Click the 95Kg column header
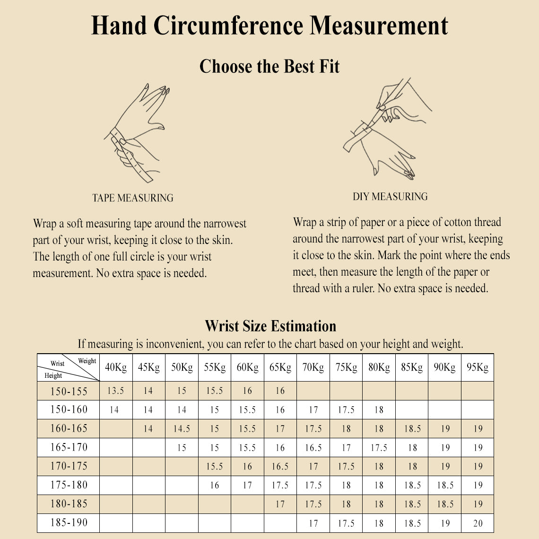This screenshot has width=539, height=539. click(x=478, y=367)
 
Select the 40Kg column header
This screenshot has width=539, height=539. click(x=116, y=367)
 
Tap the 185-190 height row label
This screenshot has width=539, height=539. click(x=69, y=522)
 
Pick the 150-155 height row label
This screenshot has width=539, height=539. click(x=69, y=391)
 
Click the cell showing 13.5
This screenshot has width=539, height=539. click(x=115, y=391)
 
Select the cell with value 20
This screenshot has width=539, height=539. click(x=478, y=523)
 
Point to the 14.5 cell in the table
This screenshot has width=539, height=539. click(x=182, y=429)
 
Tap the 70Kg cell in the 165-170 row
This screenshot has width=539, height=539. click(x=313, y=448)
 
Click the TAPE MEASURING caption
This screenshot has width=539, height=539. click(x=133, y=198)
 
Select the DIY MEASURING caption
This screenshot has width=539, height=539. click(x=390, y=197)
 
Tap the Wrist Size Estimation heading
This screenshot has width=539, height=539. click(x=270, y=326)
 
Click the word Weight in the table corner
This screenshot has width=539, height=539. click(x=87, y=361)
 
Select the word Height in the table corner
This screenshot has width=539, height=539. click(x=53, y=375)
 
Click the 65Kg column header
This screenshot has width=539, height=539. click(x=280, y=367)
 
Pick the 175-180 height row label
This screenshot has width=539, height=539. click(x=69, y=485)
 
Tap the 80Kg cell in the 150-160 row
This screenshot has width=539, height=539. click(x=379, y=410)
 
